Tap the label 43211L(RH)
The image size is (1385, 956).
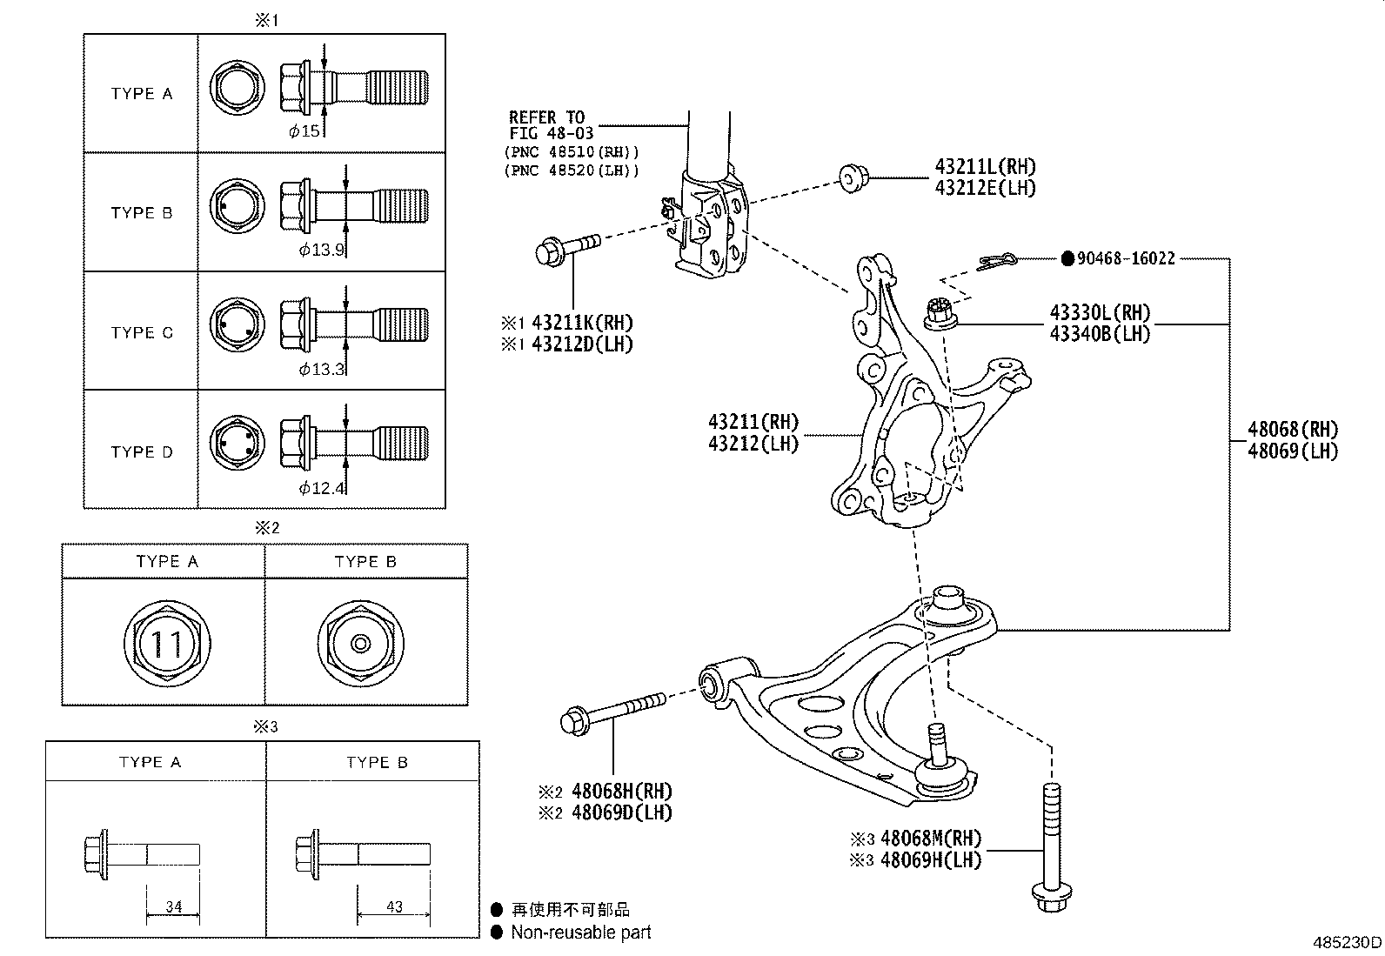click(x=986, y=167)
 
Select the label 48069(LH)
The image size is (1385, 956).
click(x=1292, y=451)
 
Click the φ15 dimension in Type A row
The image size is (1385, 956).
click(x=304, y=131)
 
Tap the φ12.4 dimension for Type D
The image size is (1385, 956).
click(x=322, y=488)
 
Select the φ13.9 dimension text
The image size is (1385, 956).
click(x=322, y=251)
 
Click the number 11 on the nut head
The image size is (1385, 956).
click(x=166, y=645)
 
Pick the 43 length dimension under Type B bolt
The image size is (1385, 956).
click(x=394, y=906)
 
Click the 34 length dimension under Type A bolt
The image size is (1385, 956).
click(x=173, y=906)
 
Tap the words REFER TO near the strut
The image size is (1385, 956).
click(x=546, y=117)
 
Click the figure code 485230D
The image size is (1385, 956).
click(x=1347, y=943)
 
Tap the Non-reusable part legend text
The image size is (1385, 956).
click(x=580, y=933)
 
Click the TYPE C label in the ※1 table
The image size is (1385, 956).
click(x=142, y=332)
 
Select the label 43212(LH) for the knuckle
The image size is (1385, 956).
click(x=753, y=443)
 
